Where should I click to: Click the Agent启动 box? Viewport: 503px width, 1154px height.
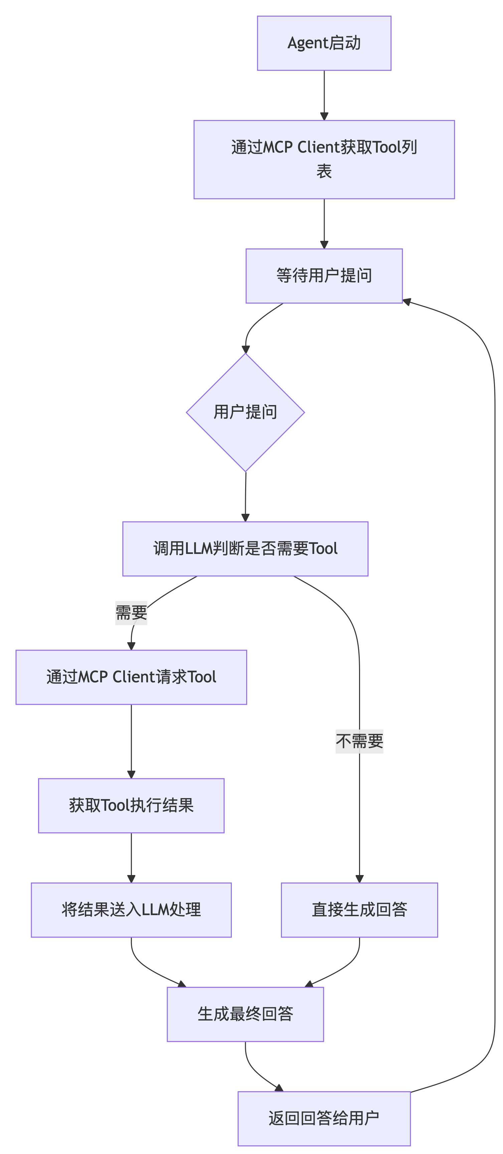pyautogui.click(x=324, y=43)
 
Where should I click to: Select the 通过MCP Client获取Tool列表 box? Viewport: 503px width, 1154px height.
pyautogui.click(x=324, y=160)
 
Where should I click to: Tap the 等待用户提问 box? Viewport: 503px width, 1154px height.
pyautogui.click(x=324, y=276)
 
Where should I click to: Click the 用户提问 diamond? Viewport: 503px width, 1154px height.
pyautogui.click(x=245, y=412)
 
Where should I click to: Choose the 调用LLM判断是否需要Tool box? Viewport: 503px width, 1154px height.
pyautogui.click(x=245, y=548)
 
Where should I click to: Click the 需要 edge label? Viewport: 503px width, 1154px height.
pyautogui.click(x=131, y=613)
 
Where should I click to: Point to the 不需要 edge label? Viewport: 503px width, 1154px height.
pyautogui.click(x=359, y=741)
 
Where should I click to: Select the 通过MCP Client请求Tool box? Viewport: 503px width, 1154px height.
pyautogui.click(x=131, y=677)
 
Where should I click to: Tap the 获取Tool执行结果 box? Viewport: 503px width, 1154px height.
pyautogui.click(x=131, y=805)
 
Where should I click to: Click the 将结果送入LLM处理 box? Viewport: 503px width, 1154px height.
pyautogui.click(x=131, y=910)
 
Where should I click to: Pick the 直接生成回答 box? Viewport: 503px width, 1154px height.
pyautogui.click(x=359, y=910)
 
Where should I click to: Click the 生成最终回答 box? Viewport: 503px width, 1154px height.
pyautogui.click(x=245, y=1014)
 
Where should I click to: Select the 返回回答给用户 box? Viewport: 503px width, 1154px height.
pyautogui.click(x=324, y=1118)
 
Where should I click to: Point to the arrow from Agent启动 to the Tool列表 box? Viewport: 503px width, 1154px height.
pyautogui.click(x=324, y=94)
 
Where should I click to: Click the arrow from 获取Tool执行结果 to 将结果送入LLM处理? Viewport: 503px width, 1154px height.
pyautogui.click(x=131, y=857)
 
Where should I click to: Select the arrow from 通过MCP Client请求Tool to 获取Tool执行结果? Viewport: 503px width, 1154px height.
pyautogui.click(x=131, y=740)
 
